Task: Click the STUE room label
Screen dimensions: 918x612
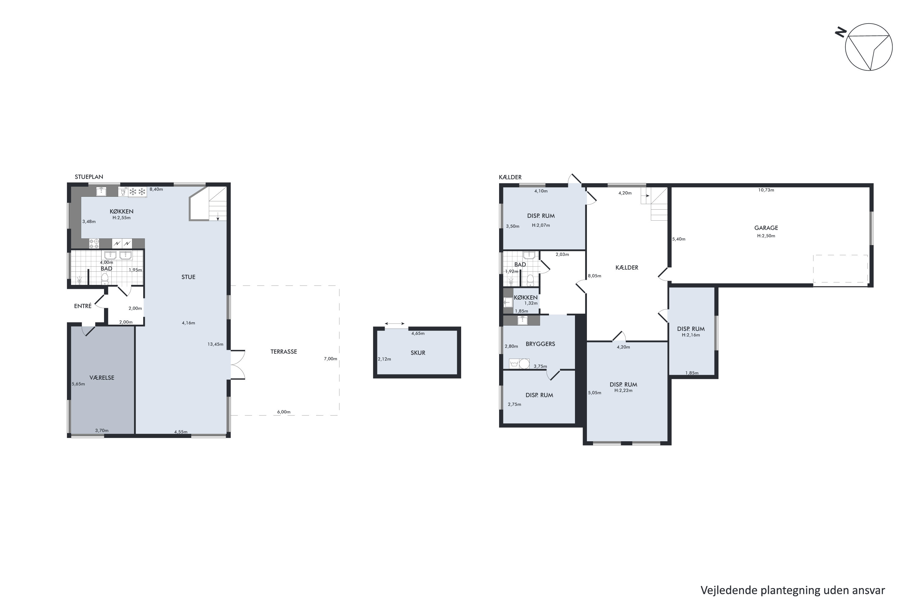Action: (x=188, y=277)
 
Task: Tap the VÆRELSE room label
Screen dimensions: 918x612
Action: (x=102, y=378)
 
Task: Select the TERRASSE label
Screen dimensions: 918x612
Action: (x=284, y=352)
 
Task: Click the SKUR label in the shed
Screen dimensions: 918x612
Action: (x=418, y=353)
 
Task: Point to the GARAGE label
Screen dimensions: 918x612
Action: (x=766, y=228)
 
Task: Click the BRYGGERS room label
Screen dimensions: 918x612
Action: (x=540, y=344)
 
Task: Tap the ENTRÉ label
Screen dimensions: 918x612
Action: (x=83, y=306)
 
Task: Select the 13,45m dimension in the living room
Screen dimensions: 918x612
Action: (x=215, y=344)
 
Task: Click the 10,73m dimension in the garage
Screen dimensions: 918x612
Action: (x=766, y=190)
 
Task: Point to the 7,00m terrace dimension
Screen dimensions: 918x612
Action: (x=330, y=359)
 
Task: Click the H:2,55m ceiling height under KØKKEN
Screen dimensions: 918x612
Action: (x=121, y=218)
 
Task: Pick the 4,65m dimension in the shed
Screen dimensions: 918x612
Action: (x=418, y=333)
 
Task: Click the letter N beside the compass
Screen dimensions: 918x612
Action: (x=840, y=32)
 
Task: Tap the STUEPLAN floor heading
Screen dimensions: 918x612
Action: (x=89, y=177)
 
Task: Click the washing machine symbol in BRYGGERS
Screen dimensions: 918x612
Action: (x=514, y=364)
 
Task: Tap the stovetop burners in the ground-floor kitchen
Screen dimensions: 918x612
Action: (x=94, y=244)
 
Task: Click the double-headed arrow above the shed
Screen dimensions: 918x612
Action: (x=395, y=323)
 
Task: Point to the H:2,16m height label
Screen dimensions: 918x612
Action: (x=691, y=335)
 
